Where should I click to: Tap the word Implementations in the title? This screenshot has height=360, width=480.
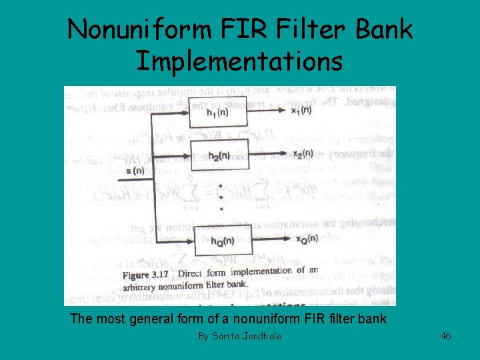[x=239, y=61]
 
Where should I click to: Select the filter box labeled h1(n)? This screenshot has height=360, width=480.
[x=219, y=111]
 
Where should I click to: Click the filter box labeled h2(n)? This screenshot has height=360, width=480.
[x=219, y=155]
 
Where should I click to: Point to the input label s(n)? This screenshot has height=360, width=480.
[x=135, y=171]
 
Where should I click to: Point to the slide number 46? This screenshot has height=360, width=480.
[x=445, y=336]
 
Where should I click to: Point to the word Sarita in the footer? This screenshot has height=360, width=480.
[x=226, y=336]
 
